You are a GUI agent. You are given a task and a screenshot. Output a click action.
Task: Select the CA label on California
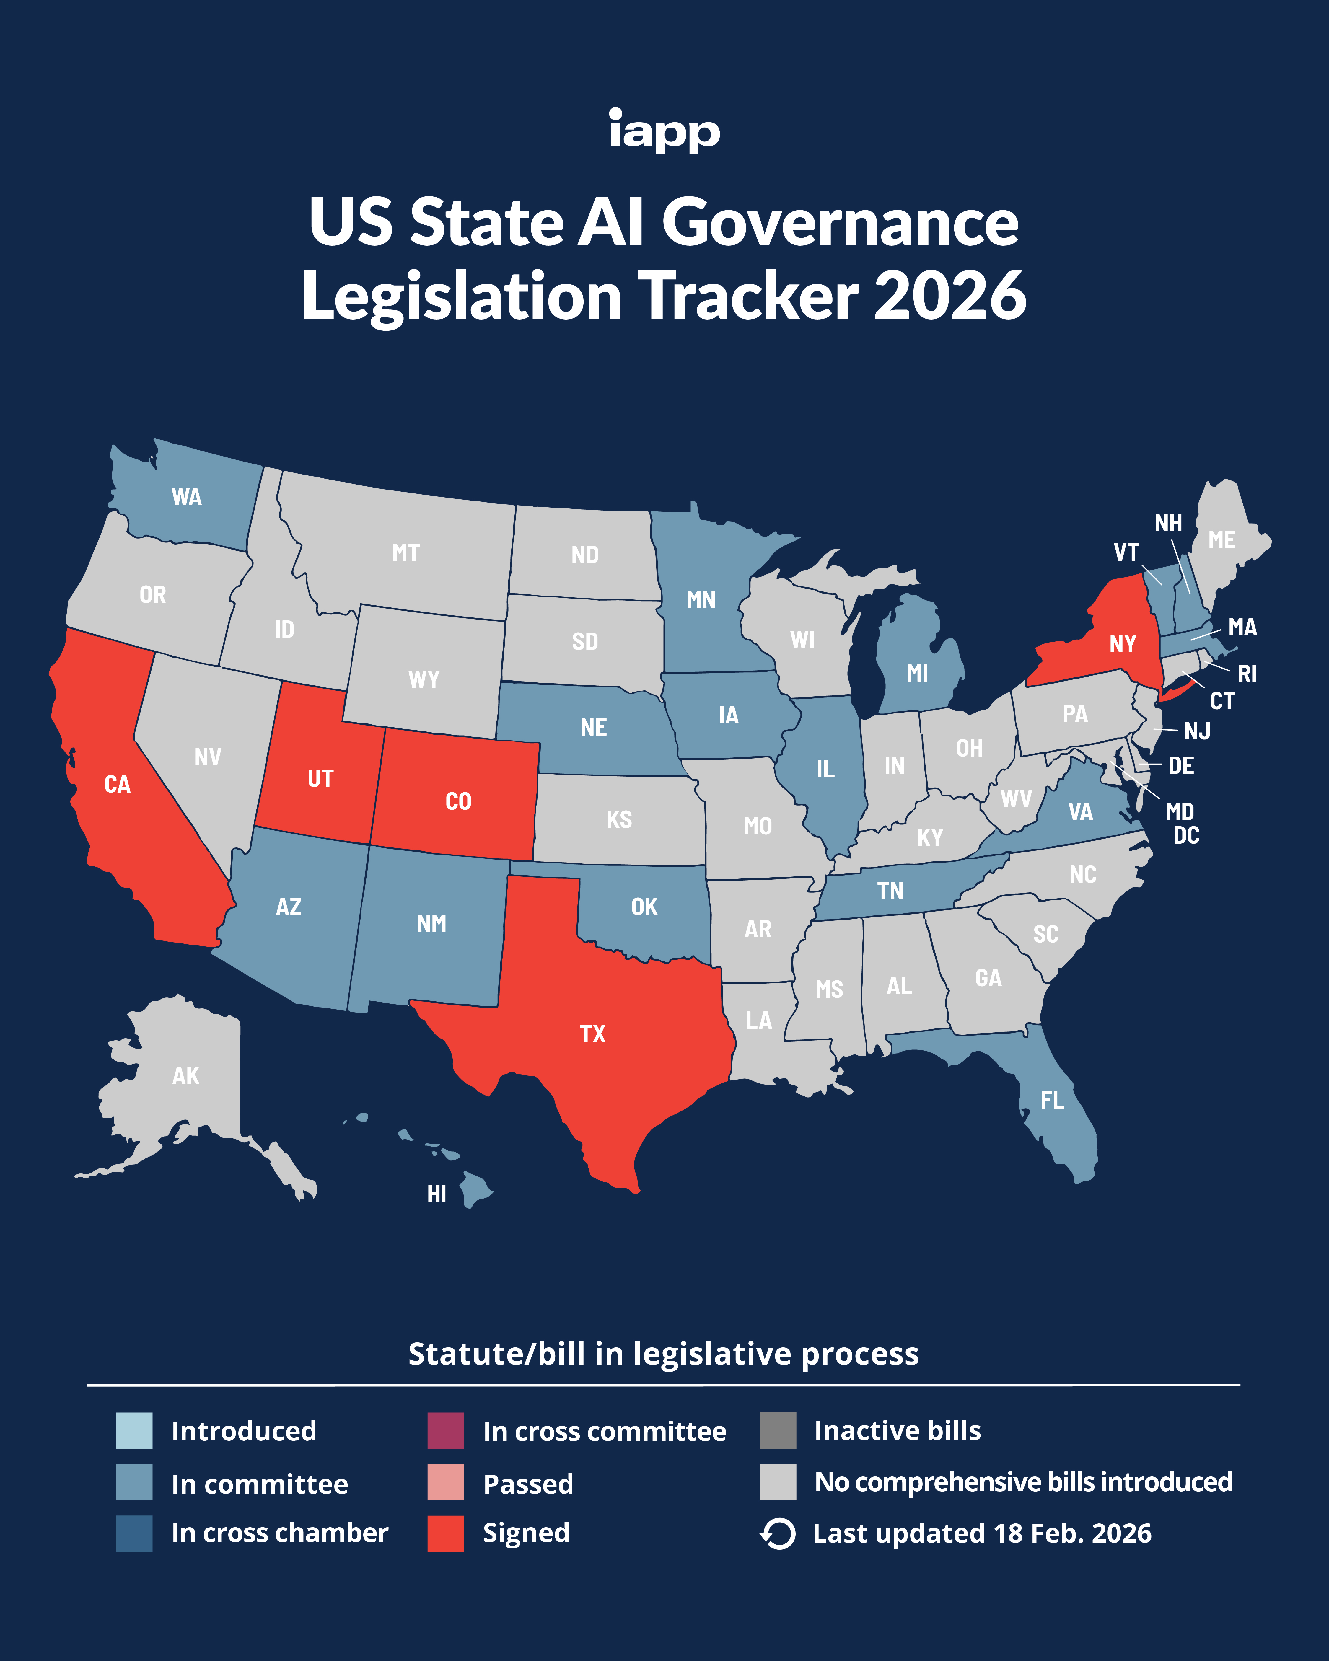[x=117, y=784]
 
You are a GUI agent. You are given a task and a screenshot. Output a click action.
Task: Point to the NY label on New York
[x=1123, y=643]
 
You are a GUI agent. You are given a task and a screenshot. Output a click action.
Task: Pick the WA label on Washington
[x=186, y=497]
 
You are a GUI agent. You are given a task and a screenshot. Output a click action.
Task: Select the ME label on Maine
[x=1222, y=540]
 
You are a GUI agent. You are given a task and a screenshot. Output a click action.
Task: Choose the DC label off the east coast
[x=1186, y=836]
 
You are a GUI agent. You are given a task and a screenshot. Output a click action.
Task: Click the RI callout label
[x=1247, y=674]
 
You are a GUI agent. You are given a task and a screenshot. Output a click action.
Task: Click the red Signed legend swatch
[x=445, y=1533]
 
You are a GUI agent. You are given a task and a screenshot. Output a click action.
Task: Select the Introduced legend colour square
[x=134, y=1431]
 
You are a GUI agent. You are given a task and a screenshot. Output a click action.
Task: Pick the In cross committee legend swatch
[x=445, y=1431]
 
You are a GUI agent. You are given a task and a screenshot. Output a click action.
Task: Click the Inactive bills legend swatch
[x=777, y=1431]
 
